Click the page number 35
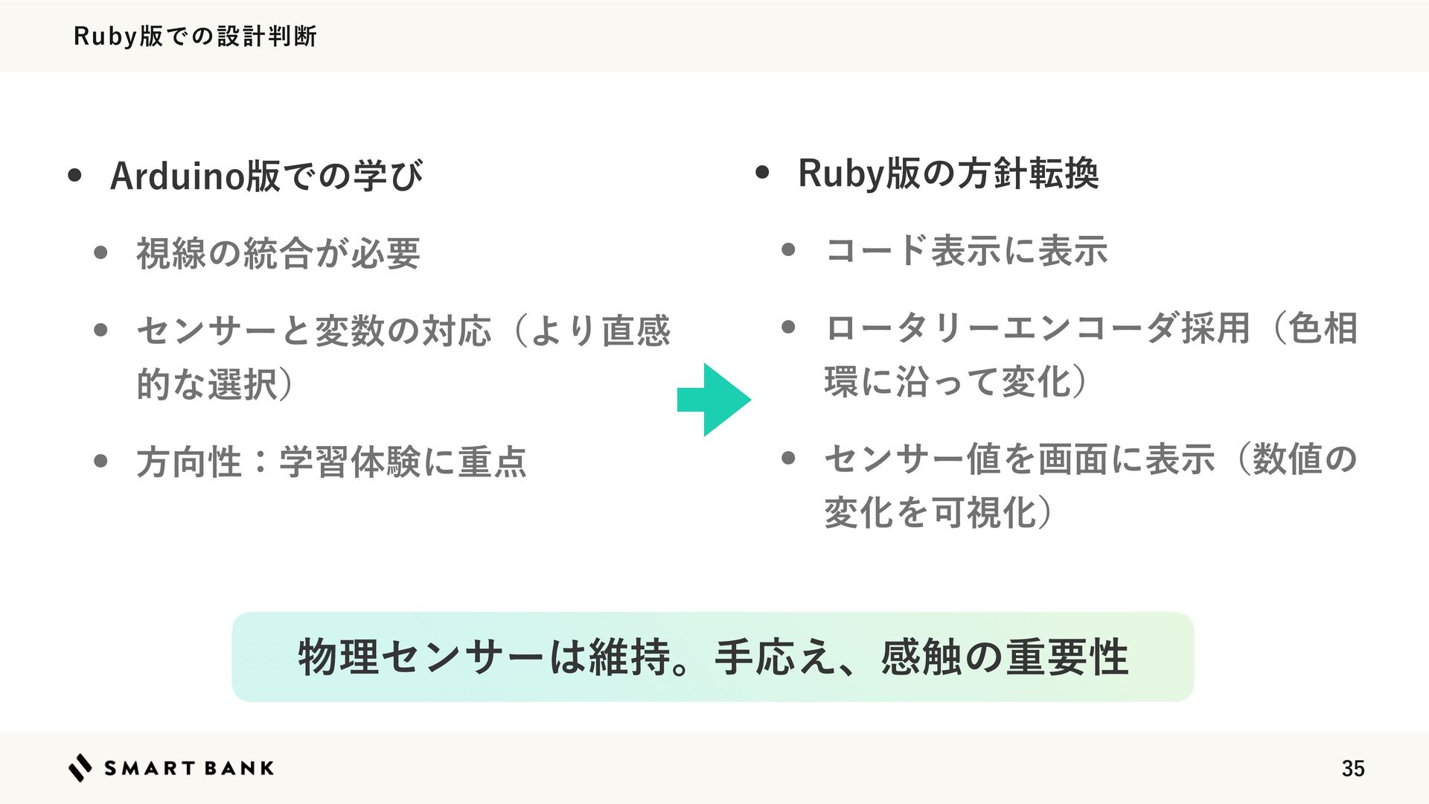1352,768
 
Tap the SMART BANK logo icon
80,768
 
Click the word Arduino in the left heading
177,176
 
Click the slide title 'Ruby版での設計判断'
195,36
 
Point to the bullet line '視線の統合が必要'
278,253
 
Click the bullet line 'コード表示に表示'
966,250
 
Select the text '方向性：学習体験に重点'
331,462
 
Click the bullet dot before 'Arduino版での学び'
74,176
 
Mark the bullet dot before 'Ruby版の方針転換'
762,173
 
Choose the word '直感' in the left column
636,331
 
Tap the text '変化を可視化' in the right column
930,512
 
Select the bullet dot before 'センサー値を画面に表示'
789,458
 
